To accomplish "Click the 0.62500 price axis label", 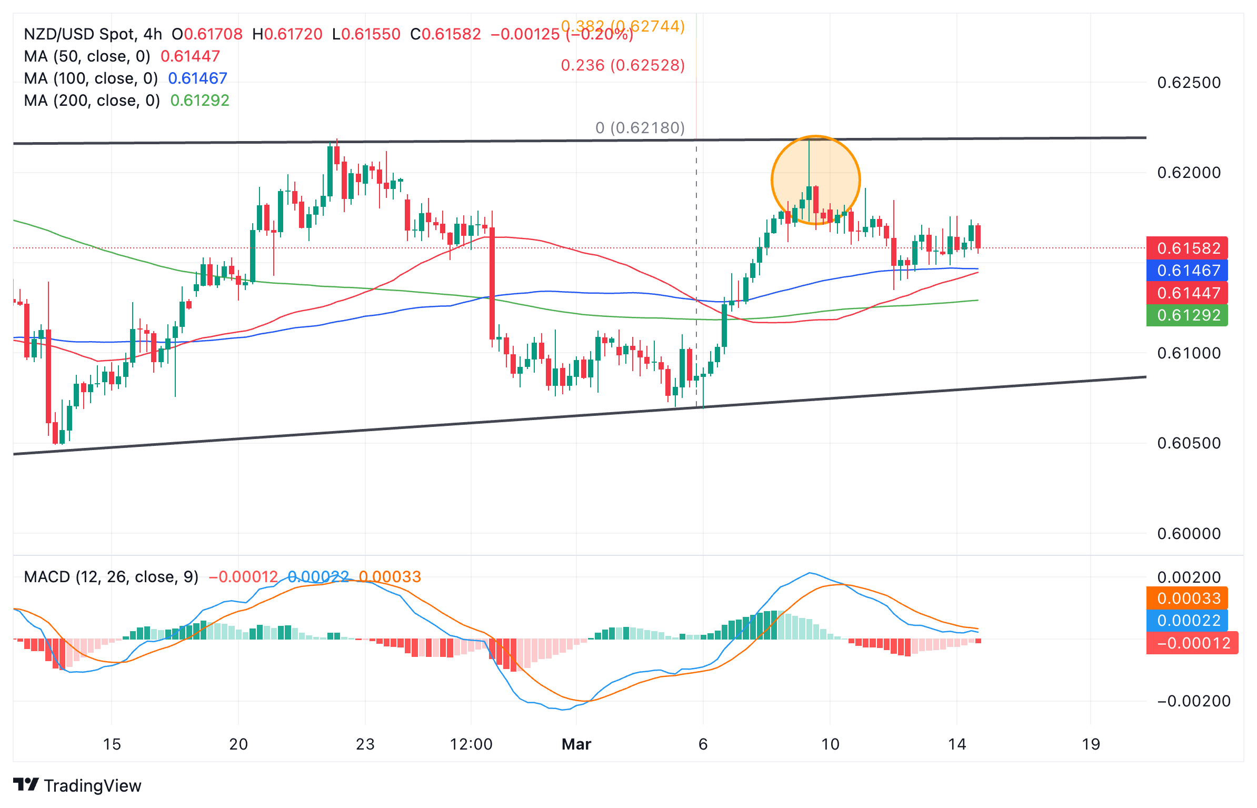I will [x=1189, y=83].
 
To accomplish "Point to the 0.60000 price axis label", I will [x=1189, y=534].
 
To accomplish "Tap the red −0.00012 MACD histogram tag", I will [x=1192, y=643].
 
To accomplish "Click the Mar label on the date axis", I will [x=576, y=744].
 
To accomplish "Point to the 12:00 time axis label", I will [x=471, y=744].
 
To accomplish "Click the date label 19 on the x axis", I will [x=1091, y=744].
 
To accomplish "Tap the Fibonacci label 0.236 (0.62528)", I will [x=623, y=65].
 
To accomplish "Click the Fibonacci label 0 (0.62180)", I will [x=640, y=128].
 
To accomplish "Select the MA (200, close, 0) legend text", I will [x=92, y=101].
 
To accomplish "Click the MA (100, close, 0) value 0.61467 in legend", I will [x=197, y=78].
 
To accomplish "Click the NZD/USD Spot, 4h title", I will [x=93, y=34].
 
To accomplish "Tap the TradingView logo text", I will [x=92, y=786].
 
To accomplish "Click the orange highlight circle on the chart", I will [x=815, y=180].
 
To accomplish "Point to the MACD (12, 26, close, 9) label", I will [x=111, y=577].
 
